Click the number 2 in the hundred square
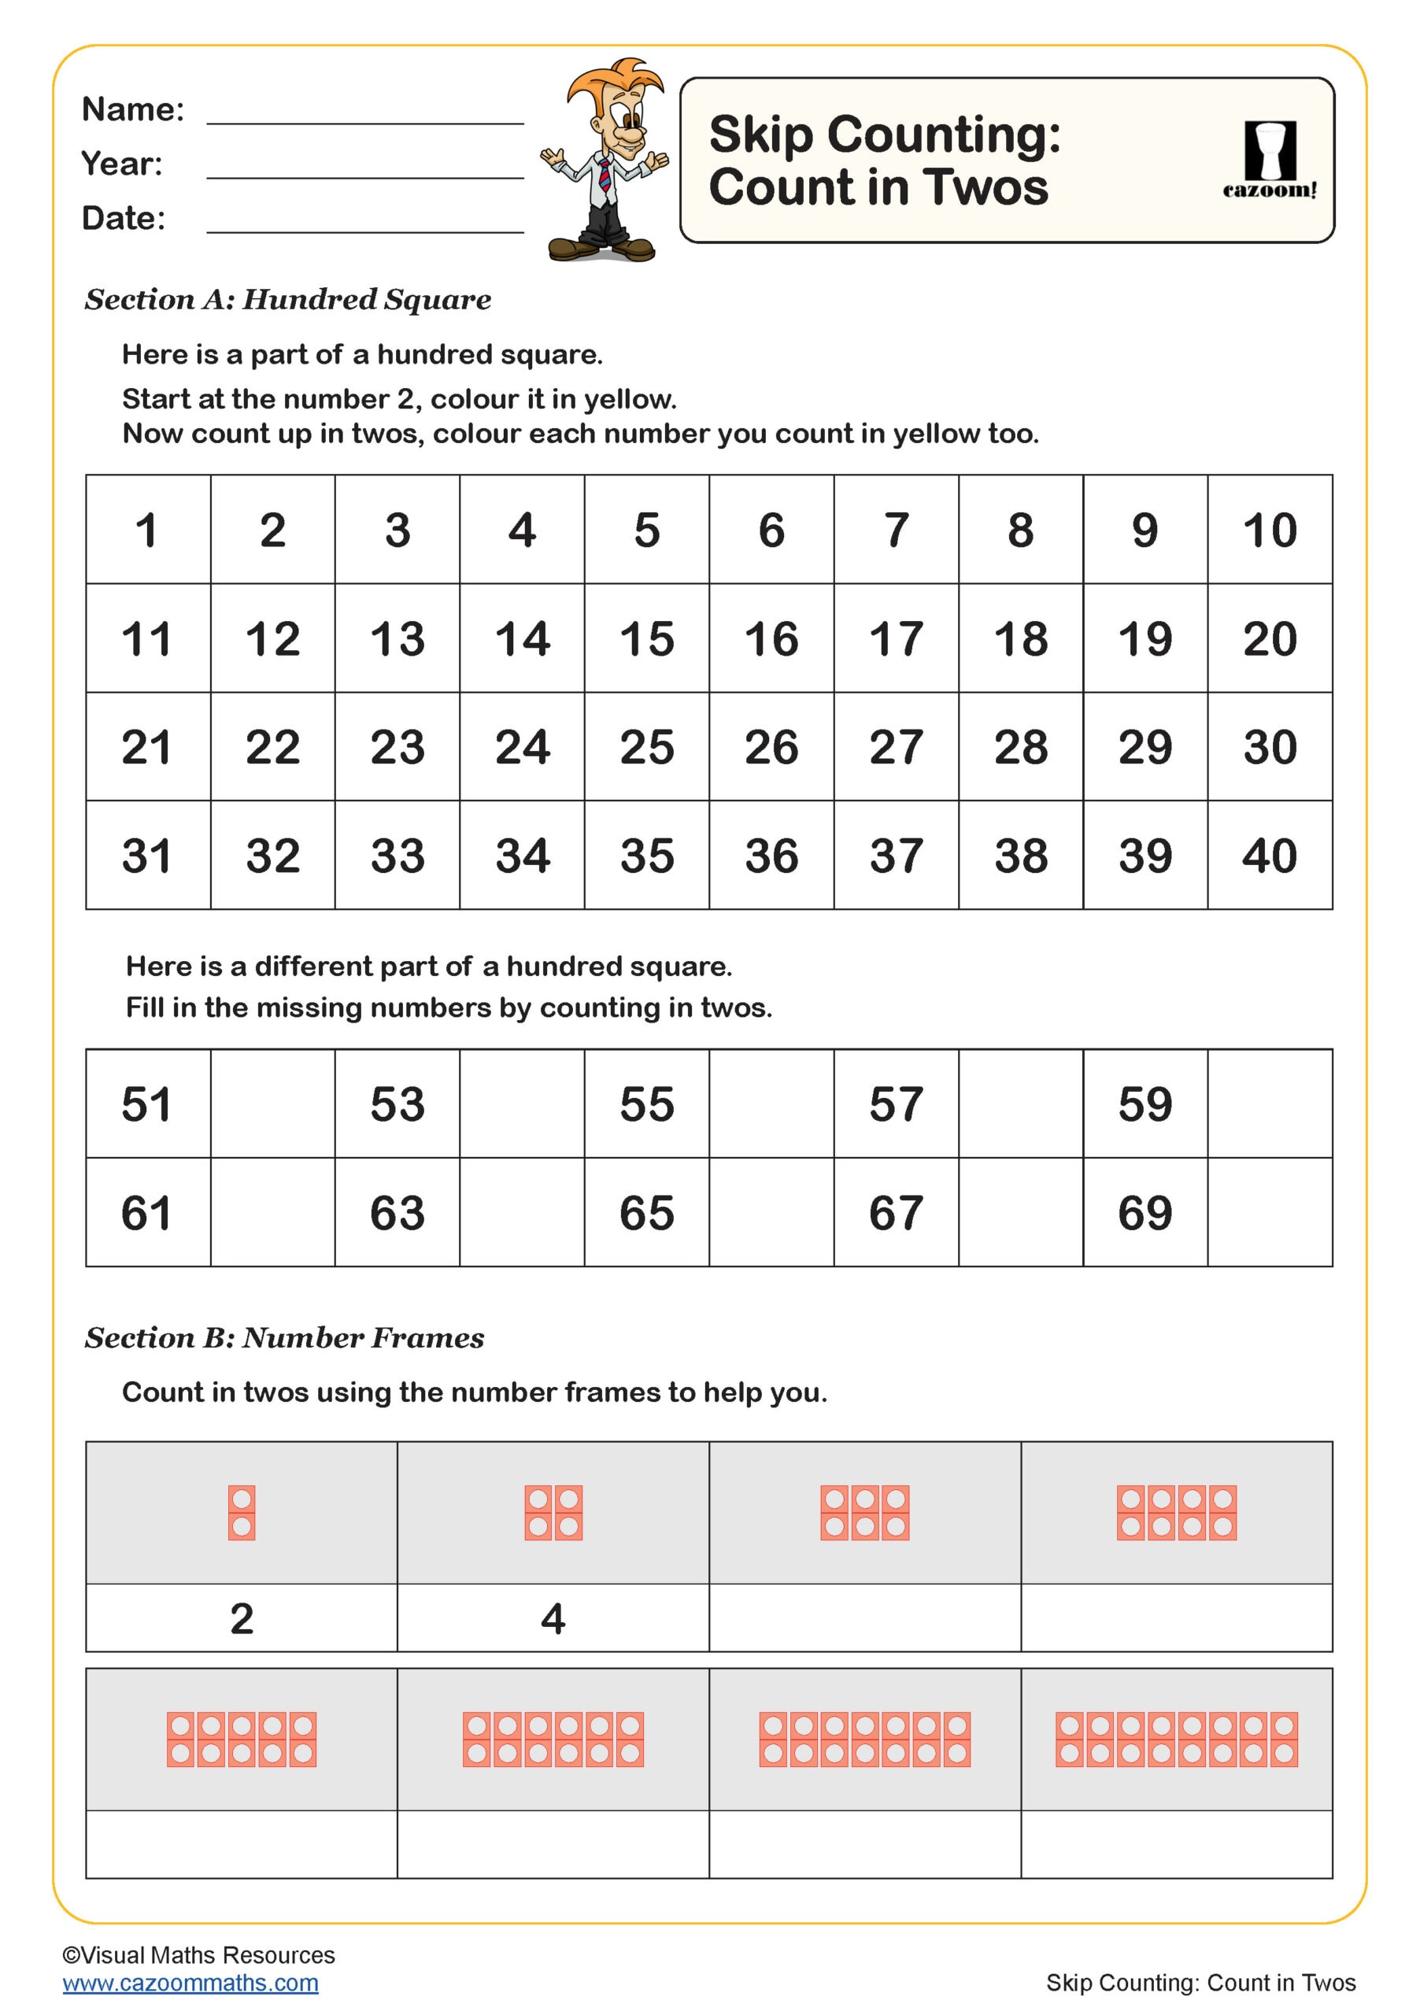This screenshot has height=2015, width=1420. coord(272,530)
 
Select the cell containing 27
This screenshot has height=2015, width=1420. coord(895,747)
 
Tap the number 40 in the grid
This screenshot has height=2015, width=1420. coord(1269,856)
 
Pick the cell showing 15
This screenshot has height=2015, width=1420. coord(646,639)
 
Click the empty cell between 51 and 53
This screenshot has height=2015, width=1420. coord(272,1104)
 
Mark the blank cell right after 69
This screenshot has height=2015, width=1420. coord(1269,1212)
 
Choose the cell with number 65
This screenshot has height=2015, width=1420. coord(646,1212)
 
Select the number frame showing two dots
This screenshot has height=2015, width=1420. coord(242,1513)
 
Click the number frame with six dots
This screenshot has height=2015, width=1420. coord(864,1513)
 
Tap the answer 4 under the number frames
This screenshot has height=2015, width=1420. coord(553,1618)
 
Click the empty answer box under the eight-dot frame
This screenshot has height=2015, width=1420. coord(1176,1618)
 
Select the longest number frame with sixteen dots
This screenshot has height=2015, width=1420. coord(1176,1740)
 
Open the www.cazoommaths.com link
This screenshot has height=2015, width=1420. coord(190,1983)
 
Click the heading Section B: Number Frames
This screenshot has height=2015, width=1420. coord(284,1337)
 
